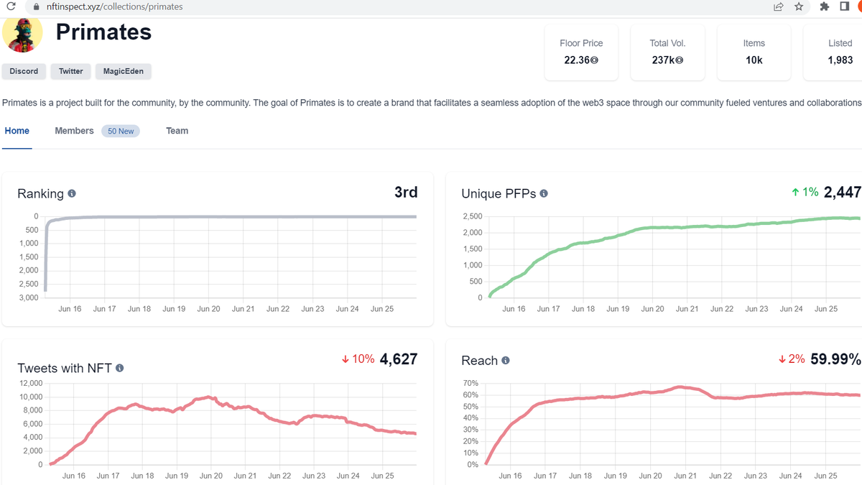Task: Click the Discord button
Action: point(24,71)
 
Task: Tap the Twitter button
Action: point(70,71)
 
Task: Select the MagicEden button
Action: point(123,71)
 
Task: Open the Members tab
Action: point(74,131)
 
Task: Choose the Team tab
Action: point(177,131)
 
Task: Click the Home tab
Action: point(17,131)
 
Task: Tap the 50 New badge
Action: point(121,131)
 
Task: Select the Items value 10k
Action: point(754,60)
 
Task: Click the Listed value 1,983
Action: point(840,60)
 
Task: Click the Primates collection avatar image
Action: point(23,34)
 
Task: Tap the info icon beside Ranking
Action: point(72,194)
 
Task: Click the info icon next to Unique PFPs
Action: point(544,194)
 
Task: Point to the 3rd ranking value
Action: point(406,192)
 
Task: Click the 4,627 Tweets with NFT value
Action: point(399,359)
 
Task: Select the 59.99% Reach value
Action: point(835,359)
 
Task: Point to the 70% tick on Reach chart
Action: point(470,384)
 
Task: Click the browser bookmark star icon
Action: point(799,6)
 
